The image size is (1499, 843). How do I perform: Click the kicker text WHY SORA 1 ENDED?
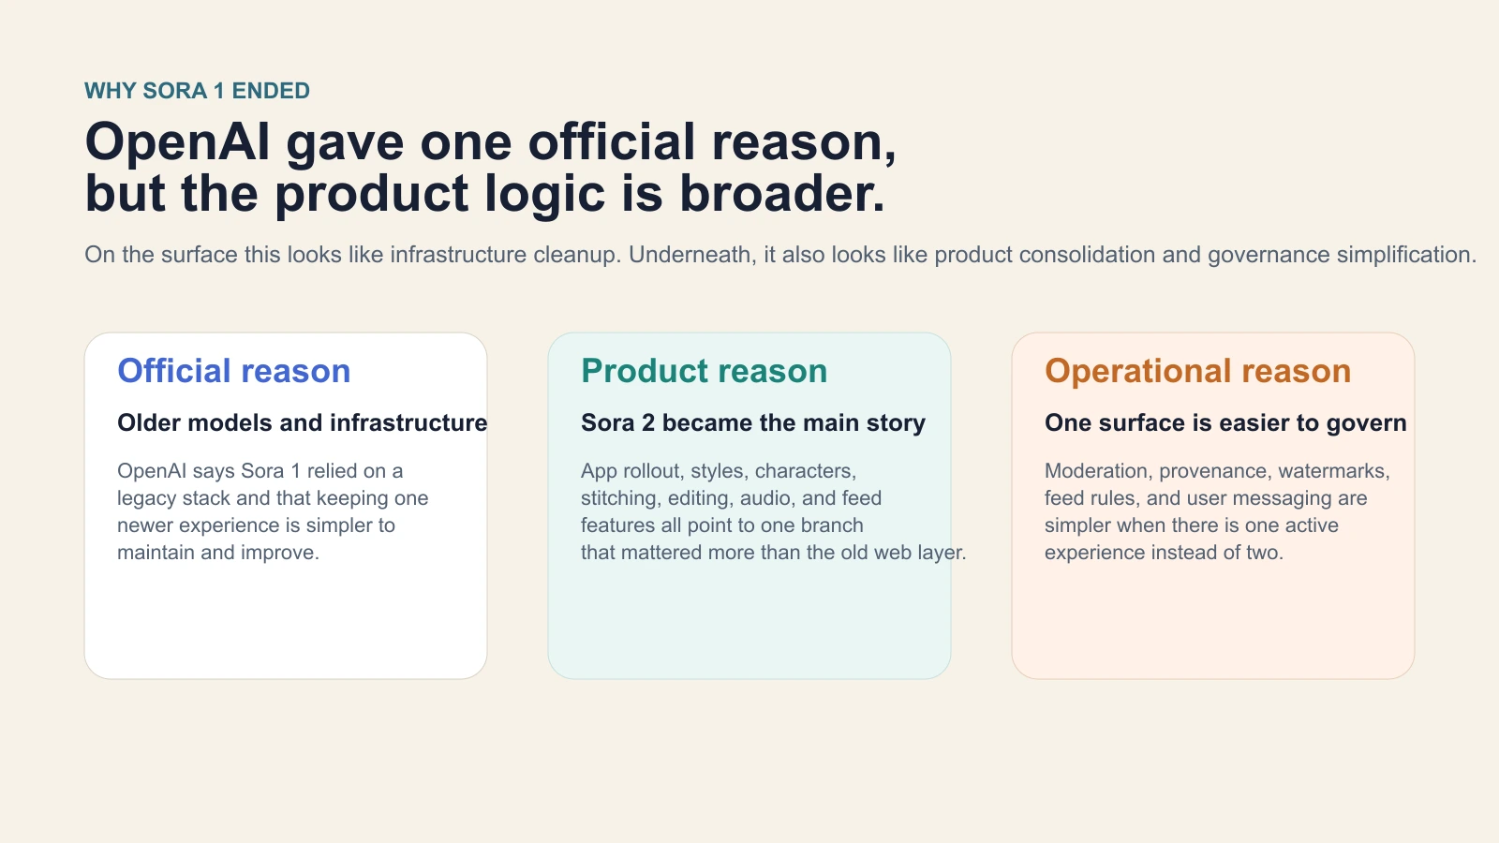pos(197,91)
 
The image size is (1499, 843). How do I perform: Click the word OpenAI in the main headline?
pos(178,142)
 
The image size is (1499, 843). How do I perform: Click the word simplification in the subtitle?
pos(1405,255)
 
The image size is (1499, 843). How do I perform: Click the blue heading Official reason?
pos(233,371)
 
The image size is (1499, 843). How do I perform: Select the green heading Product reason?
pos(704,371)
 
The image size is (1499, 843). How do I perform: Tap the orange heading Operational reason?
pos(1197,371)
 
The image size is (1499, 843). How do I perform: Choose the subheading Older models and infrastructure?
pos(302,422)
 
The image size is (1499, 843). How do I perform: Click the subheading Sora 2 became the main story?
pos(752,422)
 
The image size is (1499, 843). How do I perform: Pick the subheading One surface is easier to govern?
pos(1225,422)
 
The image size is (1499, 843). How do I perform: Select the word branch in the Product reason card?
pos(831,525)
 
